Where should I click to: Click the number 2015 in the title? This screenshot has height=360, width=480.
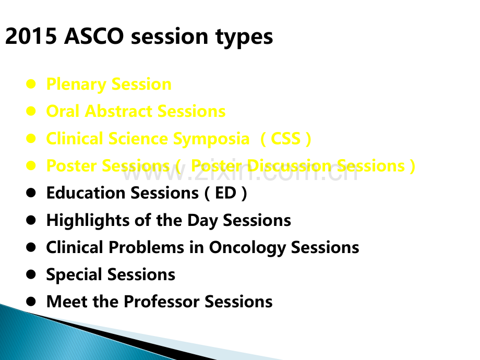tap(31, 36)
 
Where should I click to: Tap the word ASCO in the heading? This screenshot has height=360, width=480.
tap(94, 36)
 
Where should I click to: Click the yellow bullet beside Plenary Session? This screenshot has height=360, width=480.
tap(31, 84)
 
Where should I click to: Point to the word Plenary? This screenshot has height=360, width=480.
tap(76, 85)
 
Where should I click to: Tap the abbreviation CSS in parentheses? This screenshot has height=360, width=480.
tap(285, 139)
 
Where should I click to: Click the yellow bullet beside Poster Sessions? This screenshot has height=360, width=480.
tap(31, 165)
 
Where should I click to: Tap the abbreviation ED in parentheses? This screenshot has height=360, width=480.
tap(225, 193)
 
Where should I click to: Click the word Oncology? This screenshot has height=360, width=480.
tap(247, 248)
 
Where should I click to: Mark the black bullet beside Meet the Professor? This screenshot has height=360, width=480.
tap(31, 302)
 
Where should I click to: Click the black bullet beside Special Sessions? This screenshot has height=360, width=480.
tap(31, 274)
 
